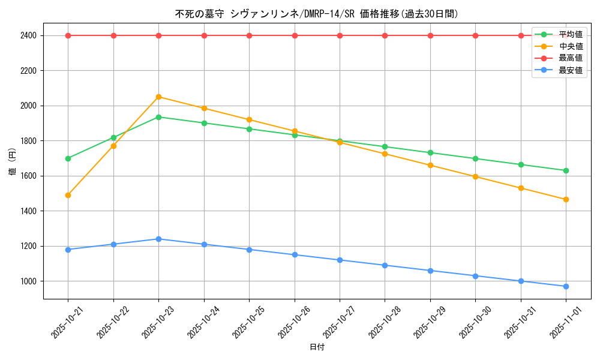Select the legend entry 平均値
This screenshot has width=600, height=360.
coord(570,34)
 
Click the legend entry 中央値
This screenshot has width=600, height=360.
coord(570,46)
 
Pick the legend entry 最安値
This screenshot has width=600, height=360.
coord(570,70)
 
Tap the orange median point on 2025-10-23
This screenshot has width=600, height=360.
coord(158,97)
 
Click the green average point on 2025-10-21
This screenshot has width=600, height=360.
coord(68,158)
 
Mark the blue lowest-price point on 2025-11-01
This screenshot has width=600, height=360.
coord(566,286)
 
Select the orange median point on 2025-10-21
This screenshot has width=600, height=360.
coord(68,195)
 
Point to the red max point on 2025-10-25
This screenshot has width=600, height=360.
coord(249,35)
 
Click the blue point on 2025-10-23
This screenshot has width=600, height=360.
coord(158,239)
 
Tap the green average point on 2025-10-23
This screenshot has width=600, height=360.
coord(158,117)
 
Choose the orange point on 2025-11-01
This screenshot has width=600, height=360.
coord(566,199)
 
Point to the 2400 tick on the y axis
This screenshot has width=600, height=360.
coord(28,35)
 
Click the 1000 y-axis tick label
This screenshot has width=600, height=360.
coord(28,281)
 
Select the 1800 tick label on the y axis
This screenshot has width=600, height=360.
coord(28,141)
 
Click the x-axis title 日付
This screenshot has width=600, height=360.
coord(317,347)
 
